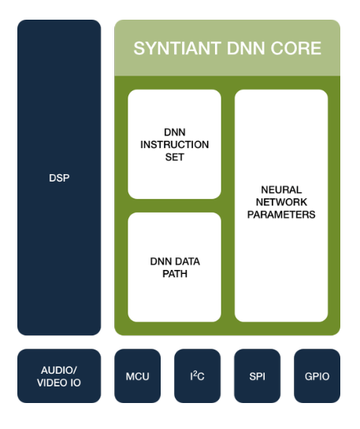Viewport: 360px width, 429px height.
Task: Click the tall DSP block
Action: [x=59, y=178]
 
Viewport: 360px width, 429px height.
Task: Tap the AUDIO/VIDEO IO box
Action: [x=59, y=376]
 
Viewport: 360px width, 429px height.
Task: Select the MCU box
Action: [x=138, y=376]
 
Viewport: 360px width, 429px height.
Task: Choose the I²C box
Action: [x=197, y=376]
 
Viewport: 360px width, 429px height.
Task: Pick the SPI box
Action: [x=257, y=376]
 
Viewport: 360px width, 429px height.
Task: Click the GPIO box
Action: [x=316, y=376]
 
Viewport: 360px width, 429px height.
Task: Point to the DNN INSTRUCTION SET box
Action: [x=174, y=144]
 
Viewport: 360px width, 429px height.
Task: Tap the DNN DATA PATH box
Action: [x=174, y=268]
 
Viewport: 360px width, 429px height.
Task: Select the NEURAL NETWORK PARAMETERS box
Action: [x=281, y=205]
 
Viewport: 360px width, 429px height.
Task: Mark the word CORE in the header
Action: [x=295, y=49]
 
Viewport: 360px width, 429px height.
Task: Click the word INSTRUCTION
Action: [x=174, y=145]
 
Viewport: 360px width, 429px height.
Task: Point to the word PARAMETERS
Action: [x=281, y=215]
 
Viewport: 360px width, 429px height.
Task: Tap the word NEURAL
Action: [x=281, y=190]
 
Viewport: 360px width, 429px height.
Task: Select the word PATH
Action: [x=174, y=274]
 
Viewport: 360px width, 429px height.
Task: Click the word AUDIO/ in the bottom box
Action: [x=59, y=370]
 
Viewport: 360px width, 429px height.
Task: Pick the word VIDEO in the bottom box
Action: [x=51, y=383]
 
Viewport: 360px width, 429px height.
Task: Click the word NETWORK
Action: [x=281, y=203]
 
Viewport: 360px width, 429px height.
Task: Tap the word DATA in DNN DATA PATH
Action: [x=186, y=261]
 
